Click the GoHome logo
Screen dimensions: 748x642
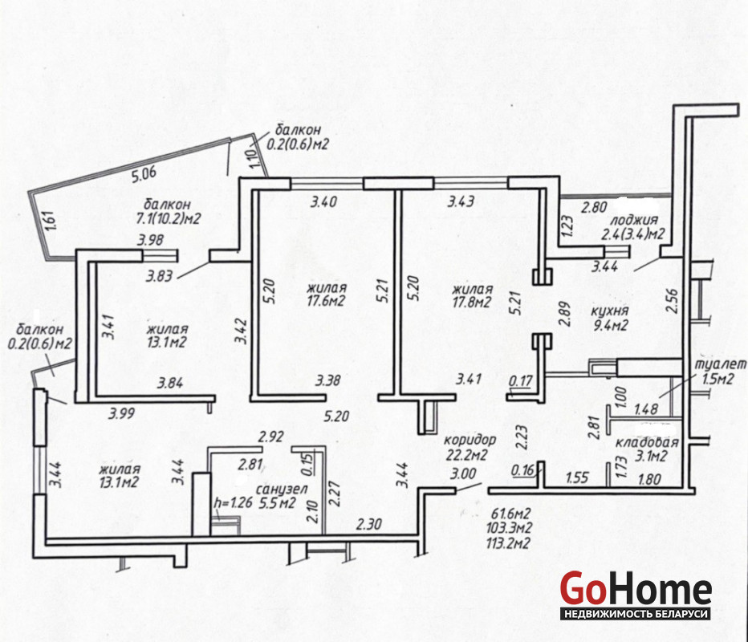coord(636,595)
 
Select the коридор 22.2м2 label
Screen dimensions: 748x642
coord(470,447)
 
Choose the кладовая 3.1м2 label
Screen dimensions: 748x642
coord(646,449)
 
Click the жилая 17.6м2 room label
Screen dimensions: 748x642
coord(327,295)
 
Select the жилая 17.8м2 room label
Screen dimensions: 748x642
coord(472,295)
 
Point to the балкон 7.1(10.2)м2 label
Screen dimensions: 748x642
coord(169,211)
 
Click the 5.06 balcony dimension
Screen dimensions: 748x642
coord(144,174)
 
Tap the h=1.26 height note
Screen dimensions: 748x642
coord(234,502)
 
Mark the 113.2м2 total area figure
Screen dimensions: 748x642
coord(508,542)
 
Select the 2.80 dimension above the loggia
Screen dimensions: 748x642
coord(594,207)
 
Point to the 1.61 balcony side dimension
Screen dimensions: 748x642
coord(52,221)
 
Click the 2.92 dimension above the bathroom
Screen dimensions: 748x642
coord(271,437)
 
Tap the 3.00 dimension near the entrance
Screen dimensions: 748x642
coord(463,473)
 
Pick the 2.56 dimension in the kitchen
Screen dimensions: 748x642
coord(672,301)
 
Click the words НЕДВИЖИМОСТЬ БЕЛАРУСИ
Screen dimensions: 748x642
coord(636,613)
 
